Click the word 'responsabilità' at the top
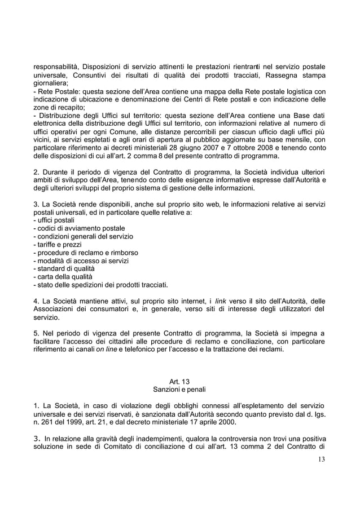coord(56,69)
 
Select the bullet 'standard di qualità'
coord(66,268)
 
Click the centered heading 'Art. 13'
coord(179,382)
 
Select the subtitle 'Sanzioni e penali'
coord(179,390)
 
